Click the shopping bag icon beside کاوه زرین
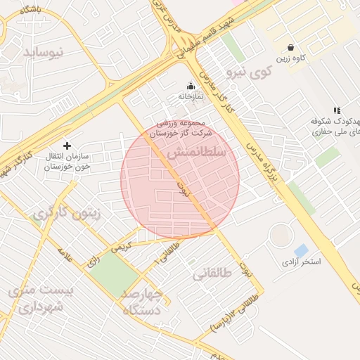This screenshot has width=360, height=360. click(x=290, y=47)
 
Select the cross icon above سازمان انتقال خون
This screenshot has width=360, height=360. click(x=67, y=145)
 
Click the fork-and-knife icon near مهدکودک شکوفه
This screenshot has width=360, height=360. click(x=337, y=110)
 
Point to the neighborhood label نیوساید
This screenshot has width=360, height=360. click(x=43, y=53)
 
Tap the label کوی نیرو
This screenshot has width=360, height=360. click(x=250, y=72)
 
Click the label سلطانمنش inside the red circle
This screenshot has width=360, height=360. click(x=198, y=153)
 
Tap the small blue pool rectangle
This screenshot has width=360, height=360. click(x=301, y=250)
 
